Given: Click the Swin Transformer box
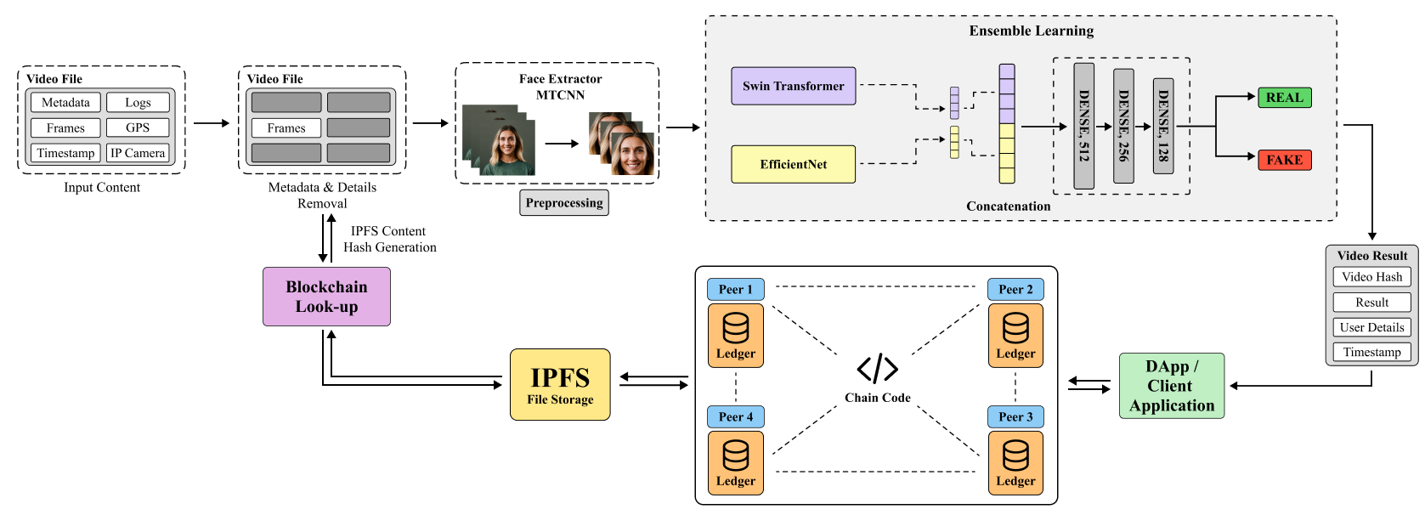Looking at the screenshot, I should pyautogui.click(x=793, y=86).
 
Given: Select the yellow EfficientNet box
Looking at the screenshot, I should pyautogui.click(x=793, y=164).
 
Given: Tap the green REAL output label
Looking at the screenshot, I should pyautogui.click(x=1284, y=98).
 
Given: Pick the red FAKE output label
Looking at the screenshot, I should pyautogui.click(x=1284, y=160).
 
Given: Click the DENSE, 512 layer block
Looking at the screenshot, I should pyautogui.click(x=1083, y=126).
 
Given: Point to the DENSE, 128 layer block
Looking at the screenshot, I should pyautogui.click(x=1162, y=126).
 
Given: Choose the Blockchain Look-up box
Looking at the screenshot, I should pyautogui.click(x=326, y=297).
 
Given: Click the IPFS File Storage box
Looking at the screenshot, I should pyautogui.click(x=560, y=384).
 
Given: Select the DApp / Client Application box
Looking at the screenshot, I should pyautogui.click(x=1172, y=386).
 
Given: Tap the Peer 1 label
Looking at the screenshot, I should pyautogui.click(x=735, y=289).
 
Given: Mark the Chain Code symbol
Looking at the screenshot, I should pyautogui.click(x=877, y=369).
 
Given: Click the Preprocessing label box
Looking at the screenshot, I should pyautogui.click(x=563, y=202).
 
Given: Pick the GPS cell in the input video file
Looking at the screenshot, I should pyautogui.click(x=138, y=127).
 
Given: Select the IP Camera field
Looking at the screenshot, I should pyautogui.click(x=138, y=153).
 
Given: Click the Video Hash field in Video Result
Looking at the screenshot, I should pyautogui.click(x=1371, y=276).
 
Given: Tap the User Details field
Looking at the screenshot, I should pyautogui.click(x=1371, y=327).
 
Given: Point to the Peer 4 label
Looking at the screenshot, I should pyautogui.click(x=735, y=416).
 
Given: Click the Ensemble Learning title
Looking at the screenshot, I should pyautogui.click(x=1031, y=31).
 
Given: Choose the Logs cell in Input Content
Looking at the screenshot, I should pyautogui.click(x=138, y=102).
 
